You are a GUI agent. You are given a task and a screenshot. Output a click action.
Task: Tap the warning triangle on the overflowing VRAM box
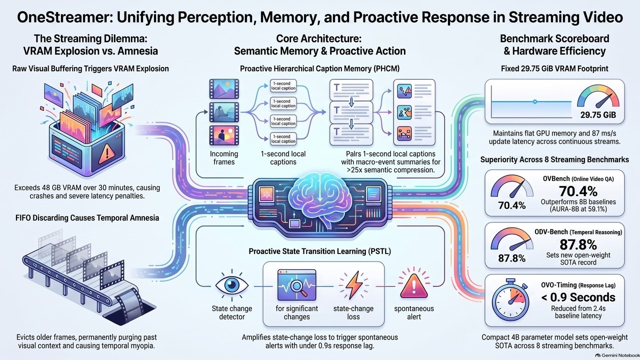(x=107, y=153)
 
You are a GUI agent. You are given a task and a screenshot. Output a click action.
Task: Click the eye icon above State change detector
(x=231, y=285)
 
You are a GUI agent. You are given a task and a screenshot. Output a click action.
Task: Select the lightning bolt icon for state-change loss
(x=353, y=285)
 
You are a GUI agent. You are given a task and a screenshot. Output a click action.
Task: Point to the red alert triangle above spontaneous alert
(x=413, y=285)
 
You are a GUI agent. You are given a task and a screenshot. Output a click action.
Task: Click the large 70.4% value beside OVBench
(x=578, y=191)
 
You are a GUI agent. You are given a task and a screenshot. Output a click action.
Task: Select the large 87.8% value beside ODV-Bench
(x=578, y=244)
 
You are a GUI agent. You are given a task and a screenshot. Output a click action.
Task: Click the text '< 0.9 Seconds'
(x=578, y=297)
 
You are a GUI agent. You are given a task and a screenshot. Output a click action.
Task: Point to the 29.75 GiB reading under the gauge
(x=598, y=115)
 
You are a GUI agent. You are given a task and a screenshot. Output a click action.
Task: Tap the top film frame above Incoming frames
(x=224, y=89)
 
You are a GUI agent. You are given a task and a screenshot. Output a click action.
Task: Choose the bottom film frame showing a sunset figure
(x=224, y=135)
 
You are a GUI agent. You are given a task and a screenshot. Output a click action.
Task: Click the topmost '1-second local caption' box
(x=283, y=86)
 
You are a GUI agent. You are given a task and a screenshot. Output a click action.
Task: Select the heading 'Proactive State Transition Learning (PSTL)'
(x=319, y=251)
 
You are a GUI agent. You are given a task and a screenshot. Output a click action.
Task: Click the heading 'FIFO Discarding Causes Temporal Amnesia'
(x=87, y=218)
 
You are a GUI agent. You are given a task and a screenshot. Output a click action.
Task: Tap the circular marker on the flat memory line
(x=535, y=101)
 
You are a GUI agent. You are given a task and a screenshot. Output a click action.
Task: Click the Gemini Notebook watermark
(x=617, y=355)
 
